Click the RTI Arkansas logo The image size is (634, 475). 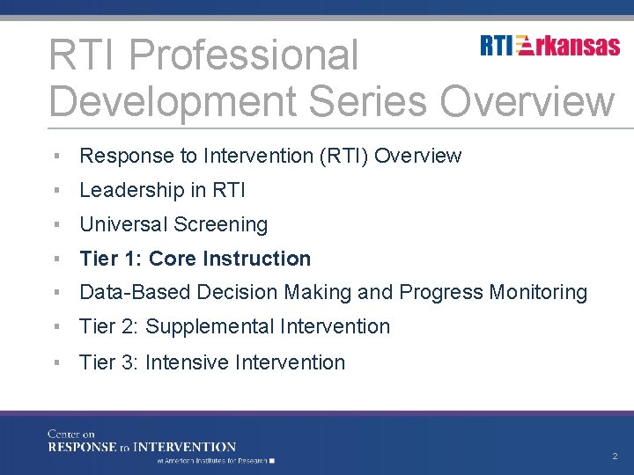point(549,46)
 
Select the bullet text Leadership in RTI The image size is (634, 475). point(162,190)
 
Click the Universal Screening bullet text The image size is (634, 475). point(173,224)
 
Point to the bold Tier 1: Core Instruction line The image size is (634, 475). point(195,259)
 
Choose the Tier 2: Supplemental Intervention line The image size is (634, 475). point(234,326)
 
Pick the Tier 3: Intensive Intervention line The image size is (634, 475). point(212,362)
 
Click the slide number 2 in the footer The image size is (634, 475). point(615,457)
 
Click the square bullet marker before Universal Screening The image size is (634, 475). point(55,225)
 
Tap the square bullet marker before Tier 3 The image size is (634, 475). point(55,362)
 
